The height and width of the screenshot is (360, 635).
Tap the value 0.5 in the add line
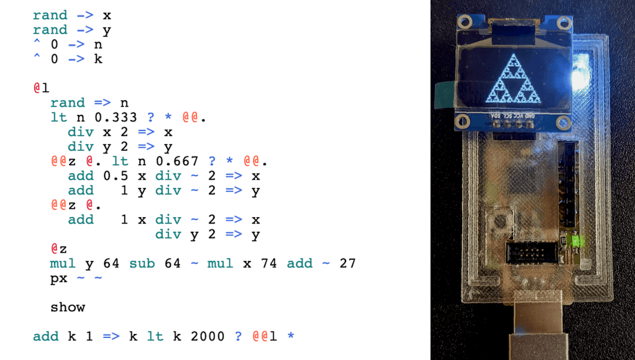pos(111,176)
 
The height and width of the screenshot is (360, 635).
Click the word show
pos(67,307)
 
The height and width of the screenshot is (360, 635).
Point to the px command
pos(58,278)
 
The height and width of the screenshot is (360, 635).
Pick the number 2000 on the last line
pos(207,337)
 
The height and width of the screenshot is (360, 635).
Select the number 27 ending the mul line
pos(347,263)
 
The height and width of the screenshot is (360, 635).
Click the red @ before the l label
pos(37,88)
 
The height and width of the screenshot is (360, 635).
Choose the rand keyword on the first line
pos(50,15)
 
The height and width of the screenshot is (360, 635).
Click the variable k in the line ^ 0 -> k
pos(98,59)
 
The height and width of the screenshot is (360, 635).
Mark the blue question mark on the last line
pos(239,337)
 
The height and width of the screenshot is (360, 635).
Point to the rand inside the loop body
pos(67,103)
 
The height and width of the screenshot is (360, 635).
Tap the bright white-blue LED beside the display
pos(578,76)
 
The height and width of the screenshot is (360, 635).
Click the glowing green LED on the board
pos(577,241)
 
